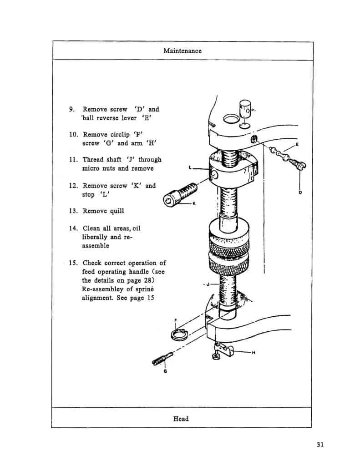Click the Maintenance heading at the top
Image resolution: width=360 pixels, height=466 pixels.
pyautogui.click(x=182, y=51)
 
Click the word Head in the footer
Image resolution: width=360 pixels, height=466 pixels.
pyautogui.click(x=181, y=418)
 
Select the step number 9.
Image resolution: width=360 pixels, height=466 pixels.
pyautogui.click(x=71, y=109)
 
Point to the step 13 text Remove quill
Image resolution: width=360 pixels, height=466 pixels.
pyautogui.click(x=103, y=211)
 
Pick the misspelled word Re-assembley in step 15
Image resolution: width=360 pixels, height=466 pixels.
pyautogui.click(x=101, y=289)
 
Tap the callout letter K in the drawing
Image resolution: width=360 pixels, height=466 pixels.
pyautogui.click(x=194, y=203)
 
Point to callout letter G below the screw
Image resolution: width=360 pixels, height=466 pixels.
pyautogui.click(x=164, y=371)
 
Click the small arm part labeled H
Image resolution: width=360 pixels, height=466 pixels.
pyautogui.click(x=223, y=350)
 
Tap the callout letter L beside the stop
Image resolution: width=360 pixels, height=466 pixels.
pyautogui.click(x=190, y=168)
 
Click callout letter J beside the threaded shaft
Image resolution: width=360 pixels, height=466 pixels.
pyautogui.click(x=207, y=285)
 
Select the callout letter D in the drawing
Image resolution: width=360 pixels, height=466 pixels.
pyautogui.click(x=300, y=192)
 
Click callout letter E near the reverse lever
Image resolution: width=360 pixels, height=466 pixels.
pyautogui.click(x=297, y=144)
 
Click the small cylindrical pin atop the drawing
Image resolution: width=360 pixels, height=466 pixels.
pyautogui.click(x=244, y=111)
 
